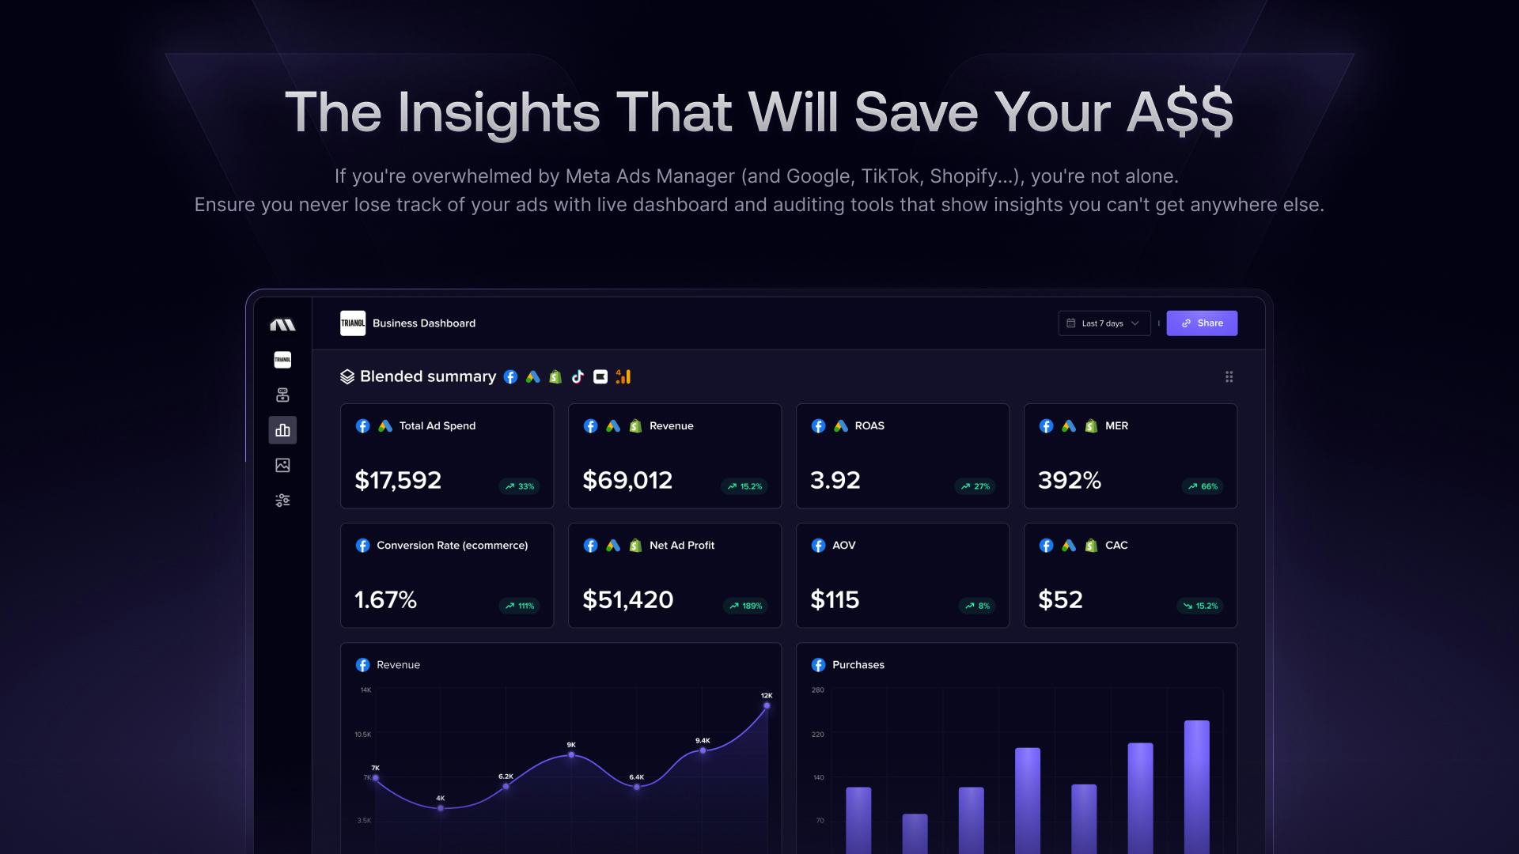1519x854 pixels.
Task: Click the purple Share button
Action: click(x=1202, y=323)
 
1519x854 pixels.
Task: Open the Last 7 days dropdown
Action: click(x=1104, y=323)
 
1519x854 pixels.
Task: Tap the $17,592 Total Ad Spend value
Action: click(x=398, y=480)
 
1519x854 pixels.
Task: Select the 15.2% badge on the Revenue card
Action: click(x=744, y=486)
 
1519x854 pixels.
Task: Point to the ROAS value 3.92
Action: click(x=835, y=480)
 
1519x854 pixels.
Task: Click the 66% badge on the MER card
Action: click(x=1203, y=486)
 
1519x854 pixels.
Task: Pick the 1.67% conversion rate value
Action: click(x=385, y=599)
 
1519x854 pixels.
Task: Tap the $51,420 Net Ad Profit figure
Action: click(x=627, y=599)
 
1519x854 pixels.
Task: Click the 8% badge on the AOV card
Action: click(x=977, y=606)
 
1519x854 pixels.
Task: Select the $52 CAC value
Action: click(x=1060, y=599)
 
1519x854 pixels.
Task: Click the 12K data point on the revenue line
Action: click(x=767, y=705)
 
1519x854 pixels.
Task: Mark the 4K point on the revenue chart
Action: click(x=441, y=808)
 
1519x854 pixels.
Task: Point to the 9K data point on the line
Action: click(x=571, y=755)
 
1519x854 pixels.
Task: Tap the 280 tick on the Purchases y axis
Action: click(x=817, y=690)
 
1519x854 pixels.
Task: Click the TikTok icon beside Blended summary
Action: click(x=578, y=376)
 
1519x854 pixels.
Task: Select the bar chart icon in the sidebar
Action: click(x=282, y=430)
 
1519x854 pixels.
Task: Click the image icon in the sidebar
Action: click(x=282, y=465)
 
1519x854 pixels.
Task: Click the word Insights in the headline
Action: click(x=498, y=111)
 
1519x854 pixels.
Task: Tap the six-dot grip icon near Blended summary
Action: click(x=1229, y=376)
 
